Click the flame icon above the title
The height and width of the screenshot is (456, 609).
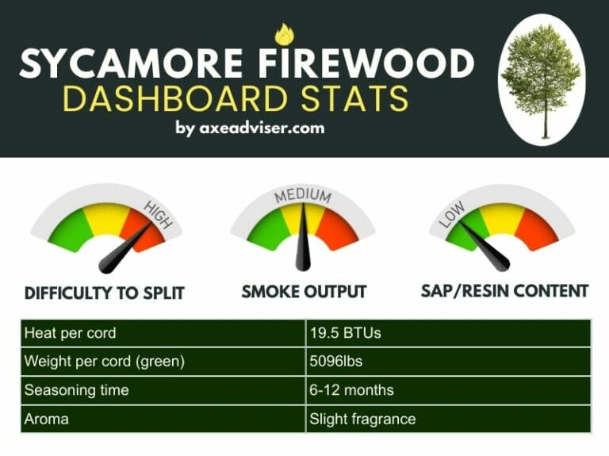click(x=283, y=34)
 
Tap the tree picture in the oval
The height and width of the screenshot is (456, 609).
click(x=542, y=79)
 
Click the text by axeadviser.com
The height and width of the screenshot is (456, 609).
click(x=250, y=128)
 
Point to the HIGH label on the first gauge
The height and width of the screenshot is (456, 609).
click(x=158, y=214)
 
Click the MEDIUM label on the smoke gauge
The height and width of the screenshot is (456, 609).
click(x=302, y=196)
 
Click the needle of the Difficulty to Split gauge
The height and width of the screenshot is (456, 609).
click(x=127, y=245)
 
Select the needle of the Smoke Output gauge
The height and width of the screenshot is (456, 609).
click(x=303, y=238)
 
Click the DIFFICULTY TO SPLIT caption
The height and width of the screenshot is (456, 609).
click(x=105, y=293)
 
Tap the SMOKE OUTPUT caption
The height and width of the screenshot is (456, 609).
click(x=304, y=292)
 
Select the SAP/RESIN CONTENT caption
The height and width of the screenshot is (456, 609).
click(x=504, y=290)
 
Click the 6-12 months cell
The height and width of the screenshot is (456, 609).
click(x=351, y=390)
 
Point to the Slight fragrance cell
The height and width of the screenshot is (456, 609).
click(x=362, y=419)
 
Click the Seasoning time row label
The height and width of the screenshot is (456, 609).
click(x=76, y=390)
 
